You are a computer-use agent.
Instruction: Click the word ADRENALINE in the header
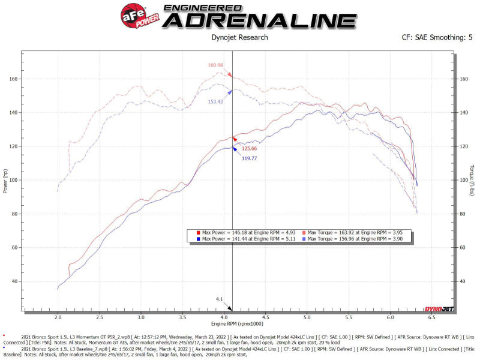260,20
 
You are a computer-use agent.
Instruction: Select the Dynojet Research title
239,37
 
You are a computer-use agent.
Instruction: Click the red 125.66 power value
250,148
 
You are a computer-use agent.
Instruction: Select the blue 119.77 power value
250,158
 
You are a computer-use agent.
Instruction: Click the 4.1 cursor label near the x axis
220,299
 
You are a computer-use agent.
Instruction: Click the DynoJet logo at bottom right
439,310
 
